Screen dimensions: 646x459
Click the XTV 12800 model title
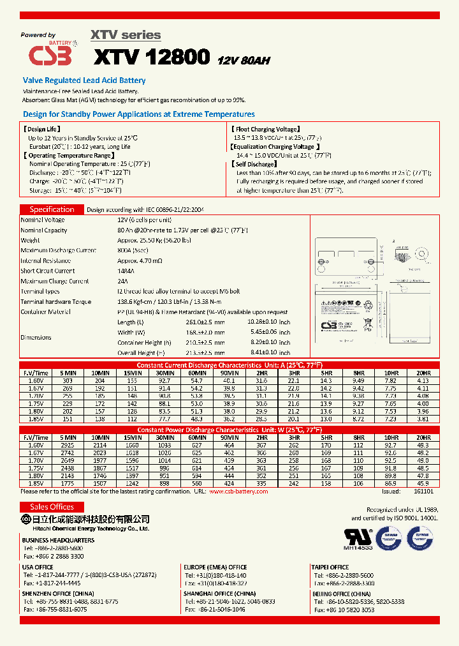(152, 57)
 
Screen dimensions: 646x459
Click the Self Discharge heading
(254, 164)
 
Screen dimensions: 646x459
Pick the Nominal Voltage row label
(43, 220)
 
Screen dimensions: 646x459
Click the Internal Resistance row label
(47, 260)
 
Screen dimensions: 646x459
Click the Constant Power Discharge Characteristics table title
(229, 430)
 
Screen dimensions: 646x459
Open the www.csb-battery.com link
(238, 492)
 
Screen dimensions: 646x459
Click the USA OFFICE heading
(38, 567)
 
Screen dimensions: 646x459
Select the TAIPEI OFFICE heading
(330, 567)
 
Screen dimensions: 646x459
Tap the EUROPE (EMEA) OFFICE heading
(215, 567)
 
